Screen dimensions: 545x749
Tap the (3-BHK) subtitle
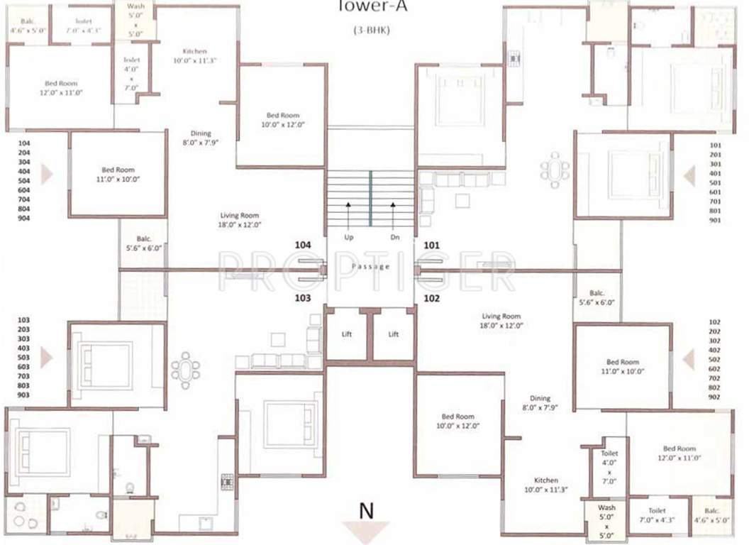(x=371, y=31)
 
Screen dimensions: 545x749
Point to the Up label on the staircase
(x=348, y=236)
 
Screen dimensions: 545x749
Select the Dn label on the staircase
(x=394, y=236)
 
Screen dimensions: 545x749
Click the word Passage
(x=370, y=267)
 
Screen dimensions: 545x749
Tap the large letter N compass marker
(x=366, y=510)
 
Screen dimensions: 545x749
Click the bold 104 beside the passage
(x=303, y=245)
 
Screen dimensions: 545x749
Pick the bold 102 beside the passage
(x=431, y=299)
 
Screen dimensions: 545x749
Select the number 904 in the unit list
(x=23, y=219)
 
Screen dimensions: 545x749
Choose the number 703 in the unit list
(x=23, y=375)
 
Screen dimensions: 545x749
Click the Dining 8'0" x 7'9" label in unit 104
(x=201, y=138)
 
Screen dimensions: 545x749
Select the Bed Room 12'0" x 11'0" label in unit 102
(x=679, y=453)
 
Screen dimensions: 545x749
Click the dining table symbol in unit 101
(x=554, y=170)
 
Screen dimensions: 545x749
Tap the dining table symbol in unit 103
(x=185, y=370)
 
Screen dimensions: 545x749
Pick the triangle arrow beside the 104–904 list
(x=47, y=174)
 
